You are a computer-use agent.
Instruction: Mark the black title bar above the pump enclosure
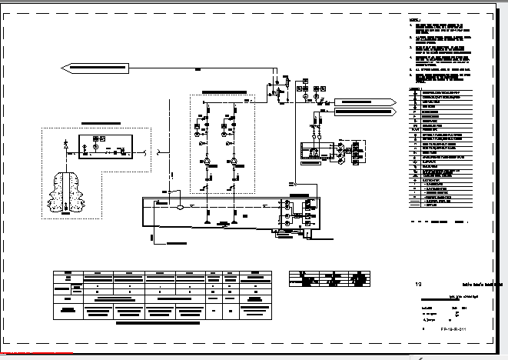click(x=222, y=92)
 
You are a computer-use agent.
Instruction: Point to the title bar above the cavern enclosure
click(x=100, y=122)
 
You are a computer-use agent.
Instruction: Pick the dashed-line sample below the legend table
click(x=420, y=221)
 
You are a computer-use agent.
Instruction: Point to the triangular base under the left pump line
click(x=208, y=224)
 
